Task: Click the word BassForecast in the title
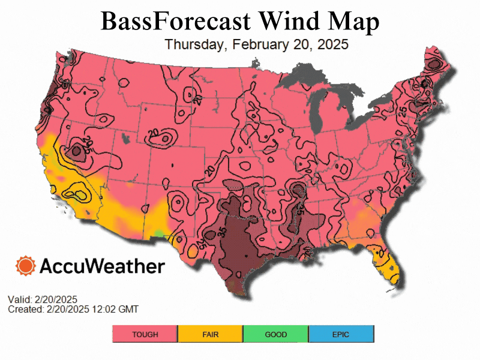click(175, 21)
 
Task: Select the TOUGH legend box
click(145, 334)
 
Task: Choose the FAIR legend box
click(211, 334)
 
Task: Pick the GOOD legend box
click(276, 334)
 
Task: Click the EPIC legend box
click(341, 334)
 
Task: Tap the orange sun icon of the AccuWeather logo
click(26, 265)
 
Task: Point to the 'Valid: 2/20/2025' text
click(43, 299)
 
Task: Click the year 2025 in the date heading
click(332, 45)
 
